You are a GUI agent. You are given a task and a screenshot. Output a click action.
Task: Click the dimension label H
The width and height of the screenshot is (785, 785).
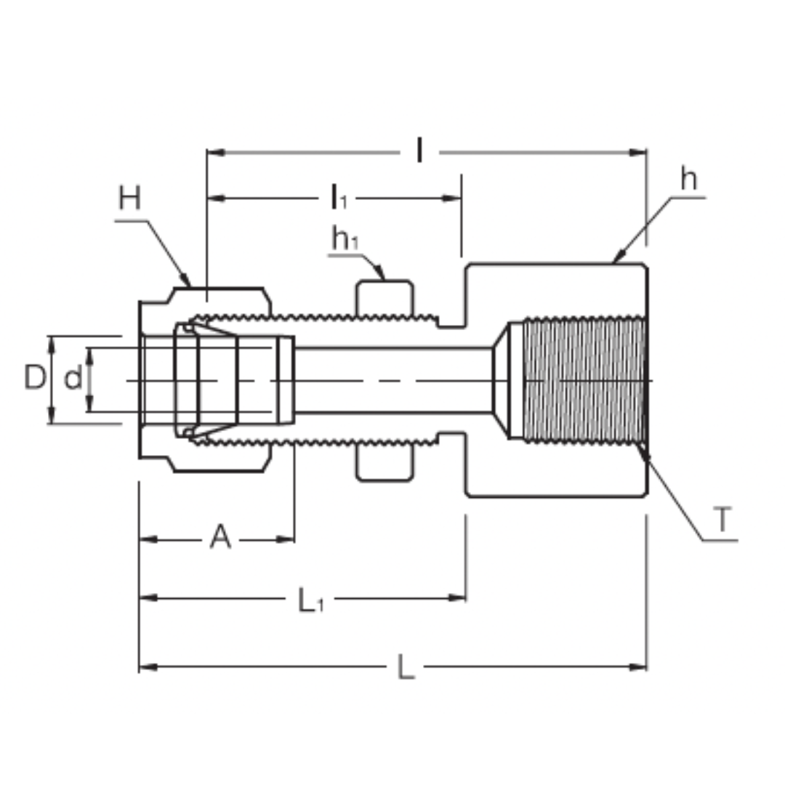129,198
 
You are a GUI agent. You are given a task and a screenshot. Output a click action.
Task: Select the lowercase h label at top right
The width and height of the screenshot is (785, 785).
688,179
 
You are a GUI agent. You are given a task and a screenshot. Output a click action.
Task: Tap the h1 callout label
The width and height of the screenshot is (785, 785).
345,238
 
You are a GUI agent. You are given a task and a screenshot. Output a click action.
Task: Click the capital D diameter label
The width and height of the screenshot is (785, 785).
34,378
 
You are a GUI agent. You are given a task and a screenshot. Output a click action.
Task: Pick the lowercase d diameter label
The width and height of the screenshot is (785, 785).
73,379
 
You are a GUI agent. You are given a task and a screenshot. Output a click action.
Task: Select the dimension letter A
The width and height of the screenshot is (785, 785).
220,538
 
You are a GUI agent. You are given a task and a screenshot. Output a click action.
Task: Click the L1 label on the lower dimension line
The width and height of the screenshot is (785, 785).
310,600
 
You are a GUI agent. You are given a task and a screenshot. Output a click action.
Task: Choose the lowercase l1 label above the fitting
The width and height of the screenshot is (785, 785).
339,197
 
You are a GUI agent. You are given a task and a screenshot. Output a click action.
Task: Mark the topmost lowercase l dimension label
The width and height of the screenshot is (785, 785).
419,151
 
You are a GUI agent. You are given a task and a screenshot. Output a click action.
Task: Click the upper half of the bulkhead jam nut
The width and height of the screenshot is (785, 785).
385,298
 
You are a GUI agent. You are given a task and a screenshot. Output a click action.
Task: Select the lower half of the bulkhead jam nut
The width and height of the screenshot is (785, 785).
385,463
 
